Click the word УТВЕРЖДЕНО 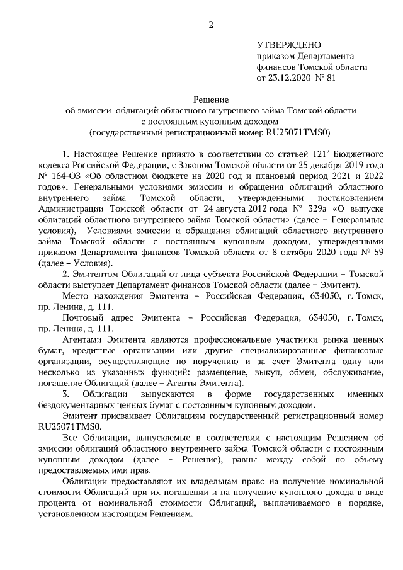289,45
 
